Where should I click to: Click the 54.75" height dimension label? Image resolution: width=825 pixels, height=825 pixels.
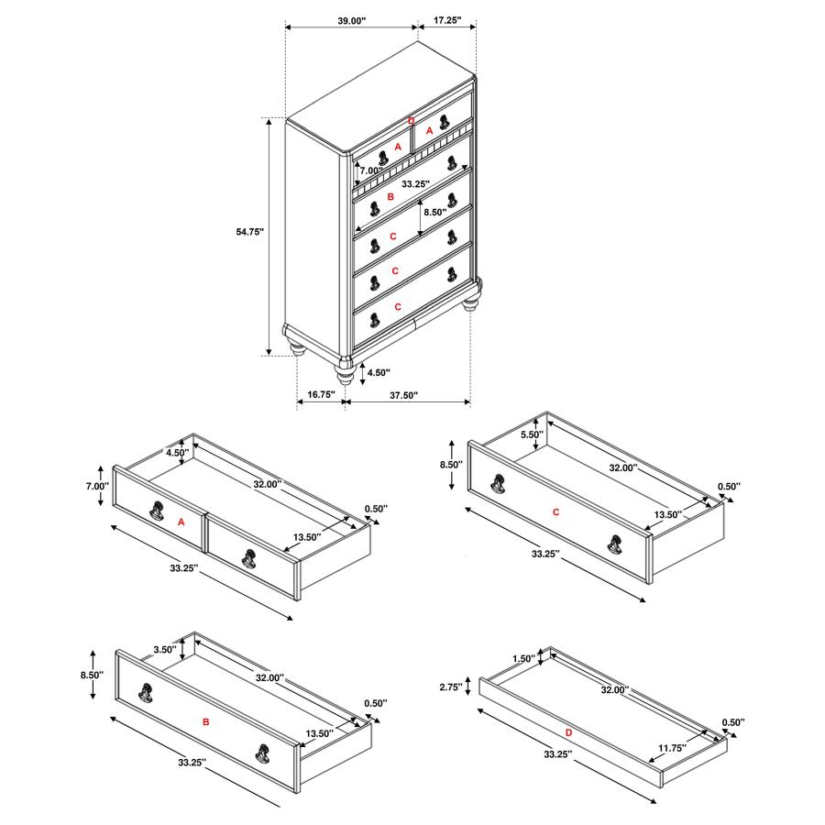pos(249,232)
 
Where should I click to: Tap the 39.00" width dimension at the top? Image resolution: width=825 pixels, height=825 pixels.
pos(351,21)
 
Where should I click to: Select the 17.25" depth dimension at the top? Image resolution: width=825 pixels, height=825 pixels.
pos(447,20)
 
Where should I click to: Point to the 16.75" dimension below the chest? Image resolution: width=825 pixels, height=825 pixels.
pos(321,394)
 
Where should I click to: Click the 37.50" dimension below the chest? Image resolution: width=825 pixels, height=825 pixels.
pos(403,395)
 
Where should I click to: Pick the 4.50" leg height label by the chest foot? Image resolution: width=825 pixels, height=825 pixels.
pos(379,372)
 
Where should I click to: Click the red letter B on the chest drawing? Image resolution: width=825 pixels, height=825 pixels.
pos(390,197)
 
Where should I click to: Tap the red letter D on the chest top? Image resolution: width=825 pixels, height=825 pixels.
pos(412,121)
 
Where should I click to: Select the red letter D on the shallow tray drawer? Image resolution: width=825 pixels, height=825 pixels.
pos(568,732)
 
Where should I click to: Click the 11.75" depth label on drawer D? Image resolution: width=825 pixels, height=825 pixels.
pos(672,748)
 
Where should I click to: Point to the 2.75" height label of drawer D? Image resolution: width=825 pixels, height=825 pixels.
pos(451,687)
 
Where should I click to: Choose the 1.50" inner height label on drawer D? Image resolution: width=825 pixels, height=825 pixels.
pos(523,658)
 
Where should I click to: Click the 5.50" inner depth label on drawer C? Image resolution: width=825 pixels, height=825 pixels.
pos(532,434)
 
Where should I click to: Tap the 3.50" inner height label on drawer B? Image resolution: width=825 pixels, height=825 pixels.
pos(165,649)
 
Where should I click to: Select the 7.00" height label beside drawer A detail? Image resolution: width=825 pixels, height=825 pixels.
pos(97,486)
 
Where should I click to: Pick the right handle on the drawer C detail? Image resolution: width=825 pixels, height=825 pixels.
pos(614,544)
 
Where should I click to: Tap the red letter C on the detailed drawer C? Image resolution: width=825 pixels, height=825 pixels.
pos(555,511)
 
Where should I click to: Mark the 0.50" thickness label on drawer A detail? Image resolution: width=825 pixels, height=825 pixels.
pos(376,509)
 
